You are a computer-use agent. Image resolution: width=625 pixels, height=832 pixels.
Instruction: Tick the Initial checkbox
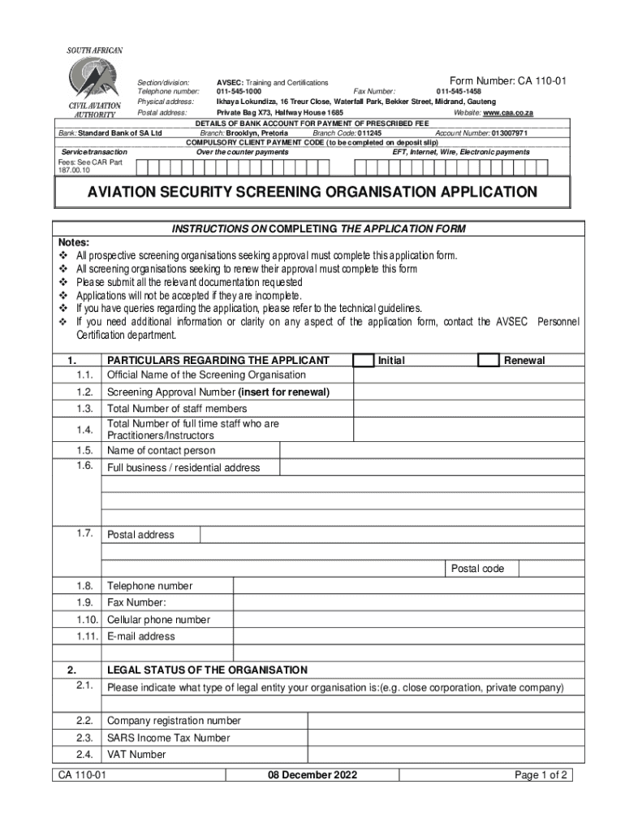[364, 360]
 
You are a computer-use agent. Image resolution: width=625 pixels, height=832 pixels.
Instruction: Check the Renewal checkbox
[489, 360]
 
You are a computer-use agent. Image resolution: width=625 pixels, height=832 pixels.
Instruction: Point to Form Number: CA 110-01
[507, 80]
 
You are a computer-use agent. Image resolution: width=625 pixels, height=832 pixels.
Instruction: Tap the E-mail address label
[141, 636]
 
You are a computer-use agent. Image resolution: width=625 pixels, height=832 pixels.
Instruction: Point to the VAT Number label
[136, 755]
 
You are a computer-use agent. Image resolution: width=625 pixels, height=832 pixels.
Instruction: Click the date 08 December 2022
[312, 775]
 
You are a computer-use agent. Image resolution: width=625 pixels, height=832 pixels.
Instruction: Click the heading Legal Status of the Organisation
[207, 670]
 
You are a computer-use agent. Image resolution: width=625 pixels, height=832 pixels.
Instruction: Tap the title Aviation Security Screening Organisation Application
[312, 193]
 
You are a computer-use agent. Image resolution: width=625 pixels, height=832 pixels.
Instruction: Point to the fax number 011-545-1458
[459, 92]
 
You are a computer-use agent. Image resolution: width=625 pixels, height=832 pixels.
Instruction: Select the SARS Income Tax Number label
[169, 738]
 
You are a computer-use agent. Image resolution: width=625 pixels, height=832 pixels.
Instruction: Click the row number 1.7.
[85, 534]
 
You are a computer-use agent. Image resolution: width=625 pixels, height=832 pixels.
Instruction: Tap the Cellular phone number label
[158, 620]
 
